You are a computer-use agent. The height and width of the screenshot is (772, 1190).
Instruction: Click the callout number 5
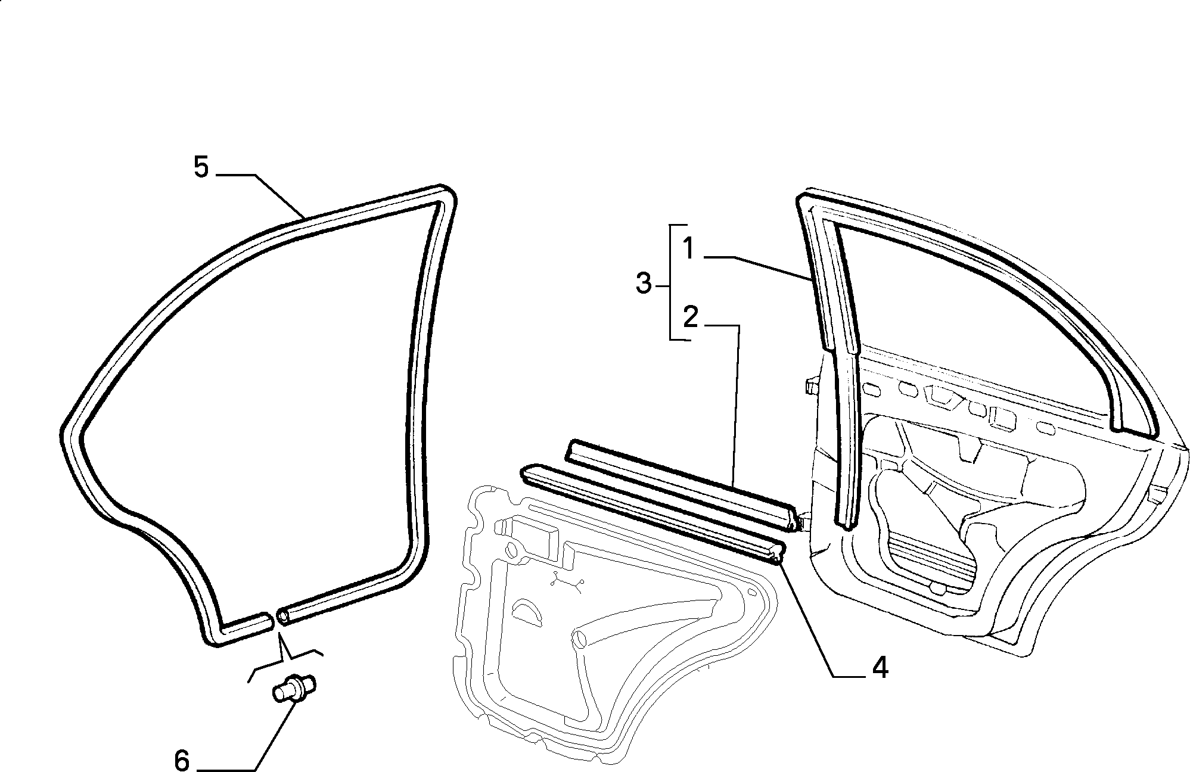coord(201,167)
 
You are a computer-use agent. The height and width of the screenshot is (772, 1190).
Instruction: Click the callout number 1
coord(689,248)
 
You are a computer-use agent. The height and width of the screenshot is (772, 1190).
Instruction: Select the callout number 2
coord(690,317)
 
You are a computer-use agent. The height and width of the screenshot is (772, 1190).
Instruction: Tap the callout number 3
coord(644,284)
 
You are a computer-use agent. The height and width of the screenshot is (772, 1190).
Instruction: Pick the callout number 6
coord(182,760)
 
